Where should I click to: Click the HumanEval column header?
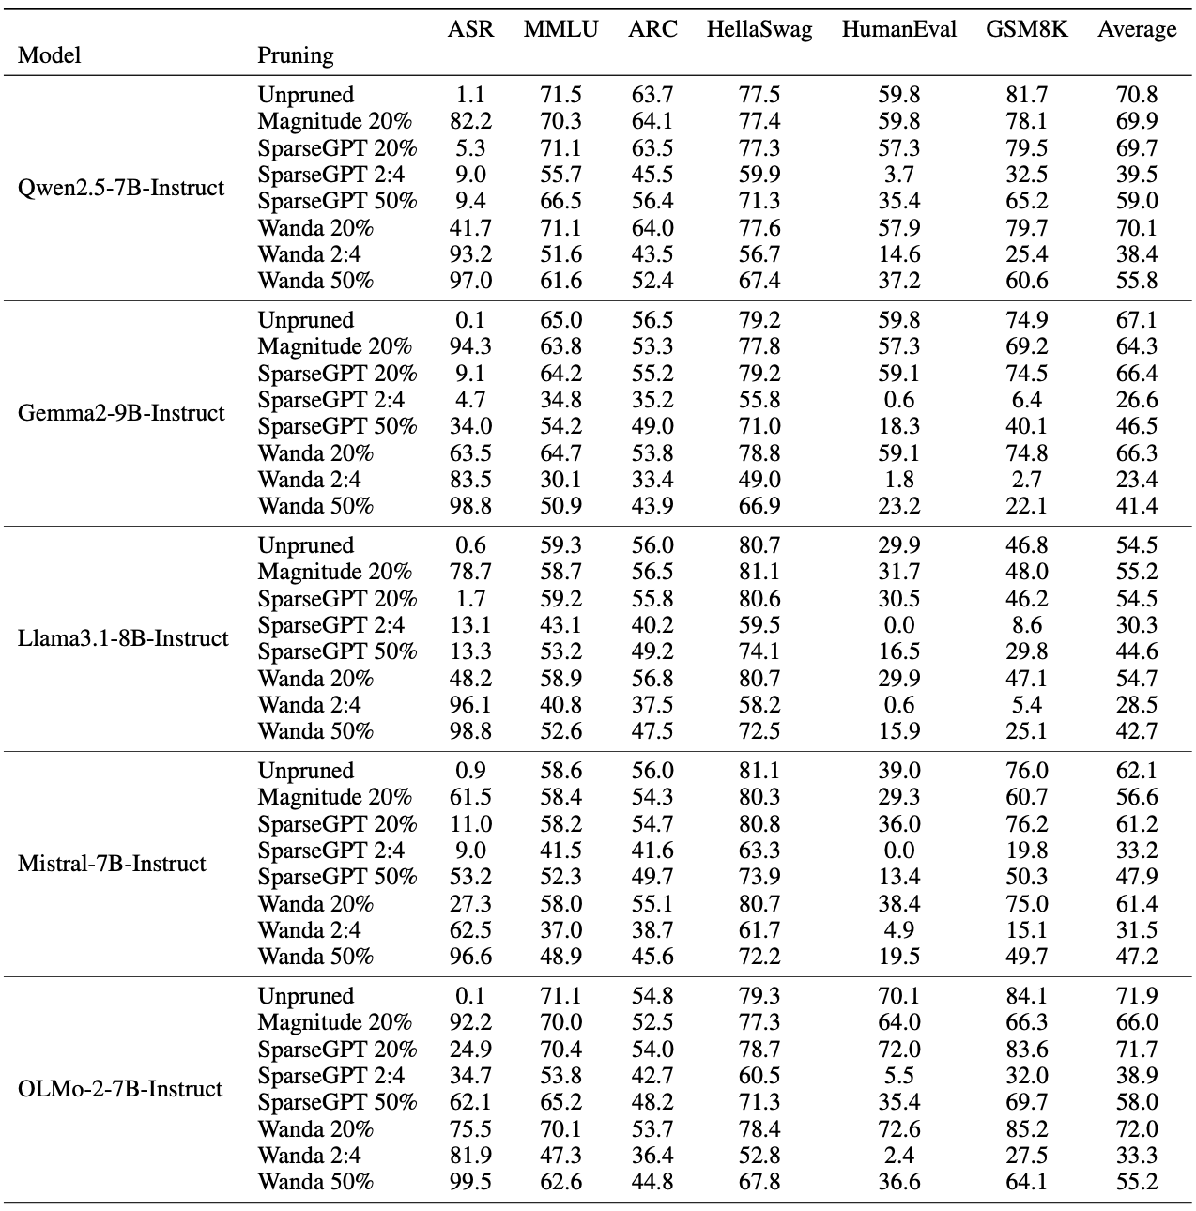point(898,29)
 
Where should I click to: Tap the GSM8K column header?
point(1026,29)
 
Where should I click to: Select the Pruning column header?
point(296,56)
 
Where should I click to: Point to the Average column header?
point(1137,29)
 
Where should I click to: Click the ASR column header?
point(470,29)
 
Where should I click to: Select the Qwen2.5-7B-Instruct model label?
point(121,188)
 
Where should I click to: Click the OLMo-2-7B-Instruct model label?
point(120,1088)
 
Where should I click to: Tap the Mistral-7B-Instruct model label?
point(112,864)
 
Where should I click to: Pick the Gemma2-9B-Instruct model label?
point(121,413)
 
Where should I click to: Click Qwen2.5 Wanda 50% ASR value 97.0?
point(470,281)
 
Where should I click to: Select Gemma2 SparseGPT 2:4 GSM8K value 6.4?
point(1027,400)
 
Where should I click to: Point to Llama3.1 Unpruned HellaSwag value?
point(759,544)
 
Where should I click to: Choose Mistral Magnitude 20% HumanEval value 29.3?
point(899,797)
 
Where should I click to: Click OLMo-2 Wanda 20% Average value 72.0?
point(1137,1128)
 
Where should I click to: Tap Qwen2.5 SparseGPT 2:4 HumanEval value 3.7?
point(899,174)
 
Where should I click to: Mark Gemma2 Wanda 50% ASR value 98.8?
point(470,505)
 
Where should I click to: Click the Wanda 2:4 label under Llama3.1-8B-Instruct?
point(309,704)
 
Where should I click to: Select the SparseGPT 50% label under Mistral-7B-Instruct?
point(338,877)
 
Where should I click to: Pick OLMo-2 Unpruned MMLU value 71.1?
point(560,996)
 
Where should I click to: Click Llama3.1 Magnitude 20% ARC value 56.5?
point(652,572)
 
